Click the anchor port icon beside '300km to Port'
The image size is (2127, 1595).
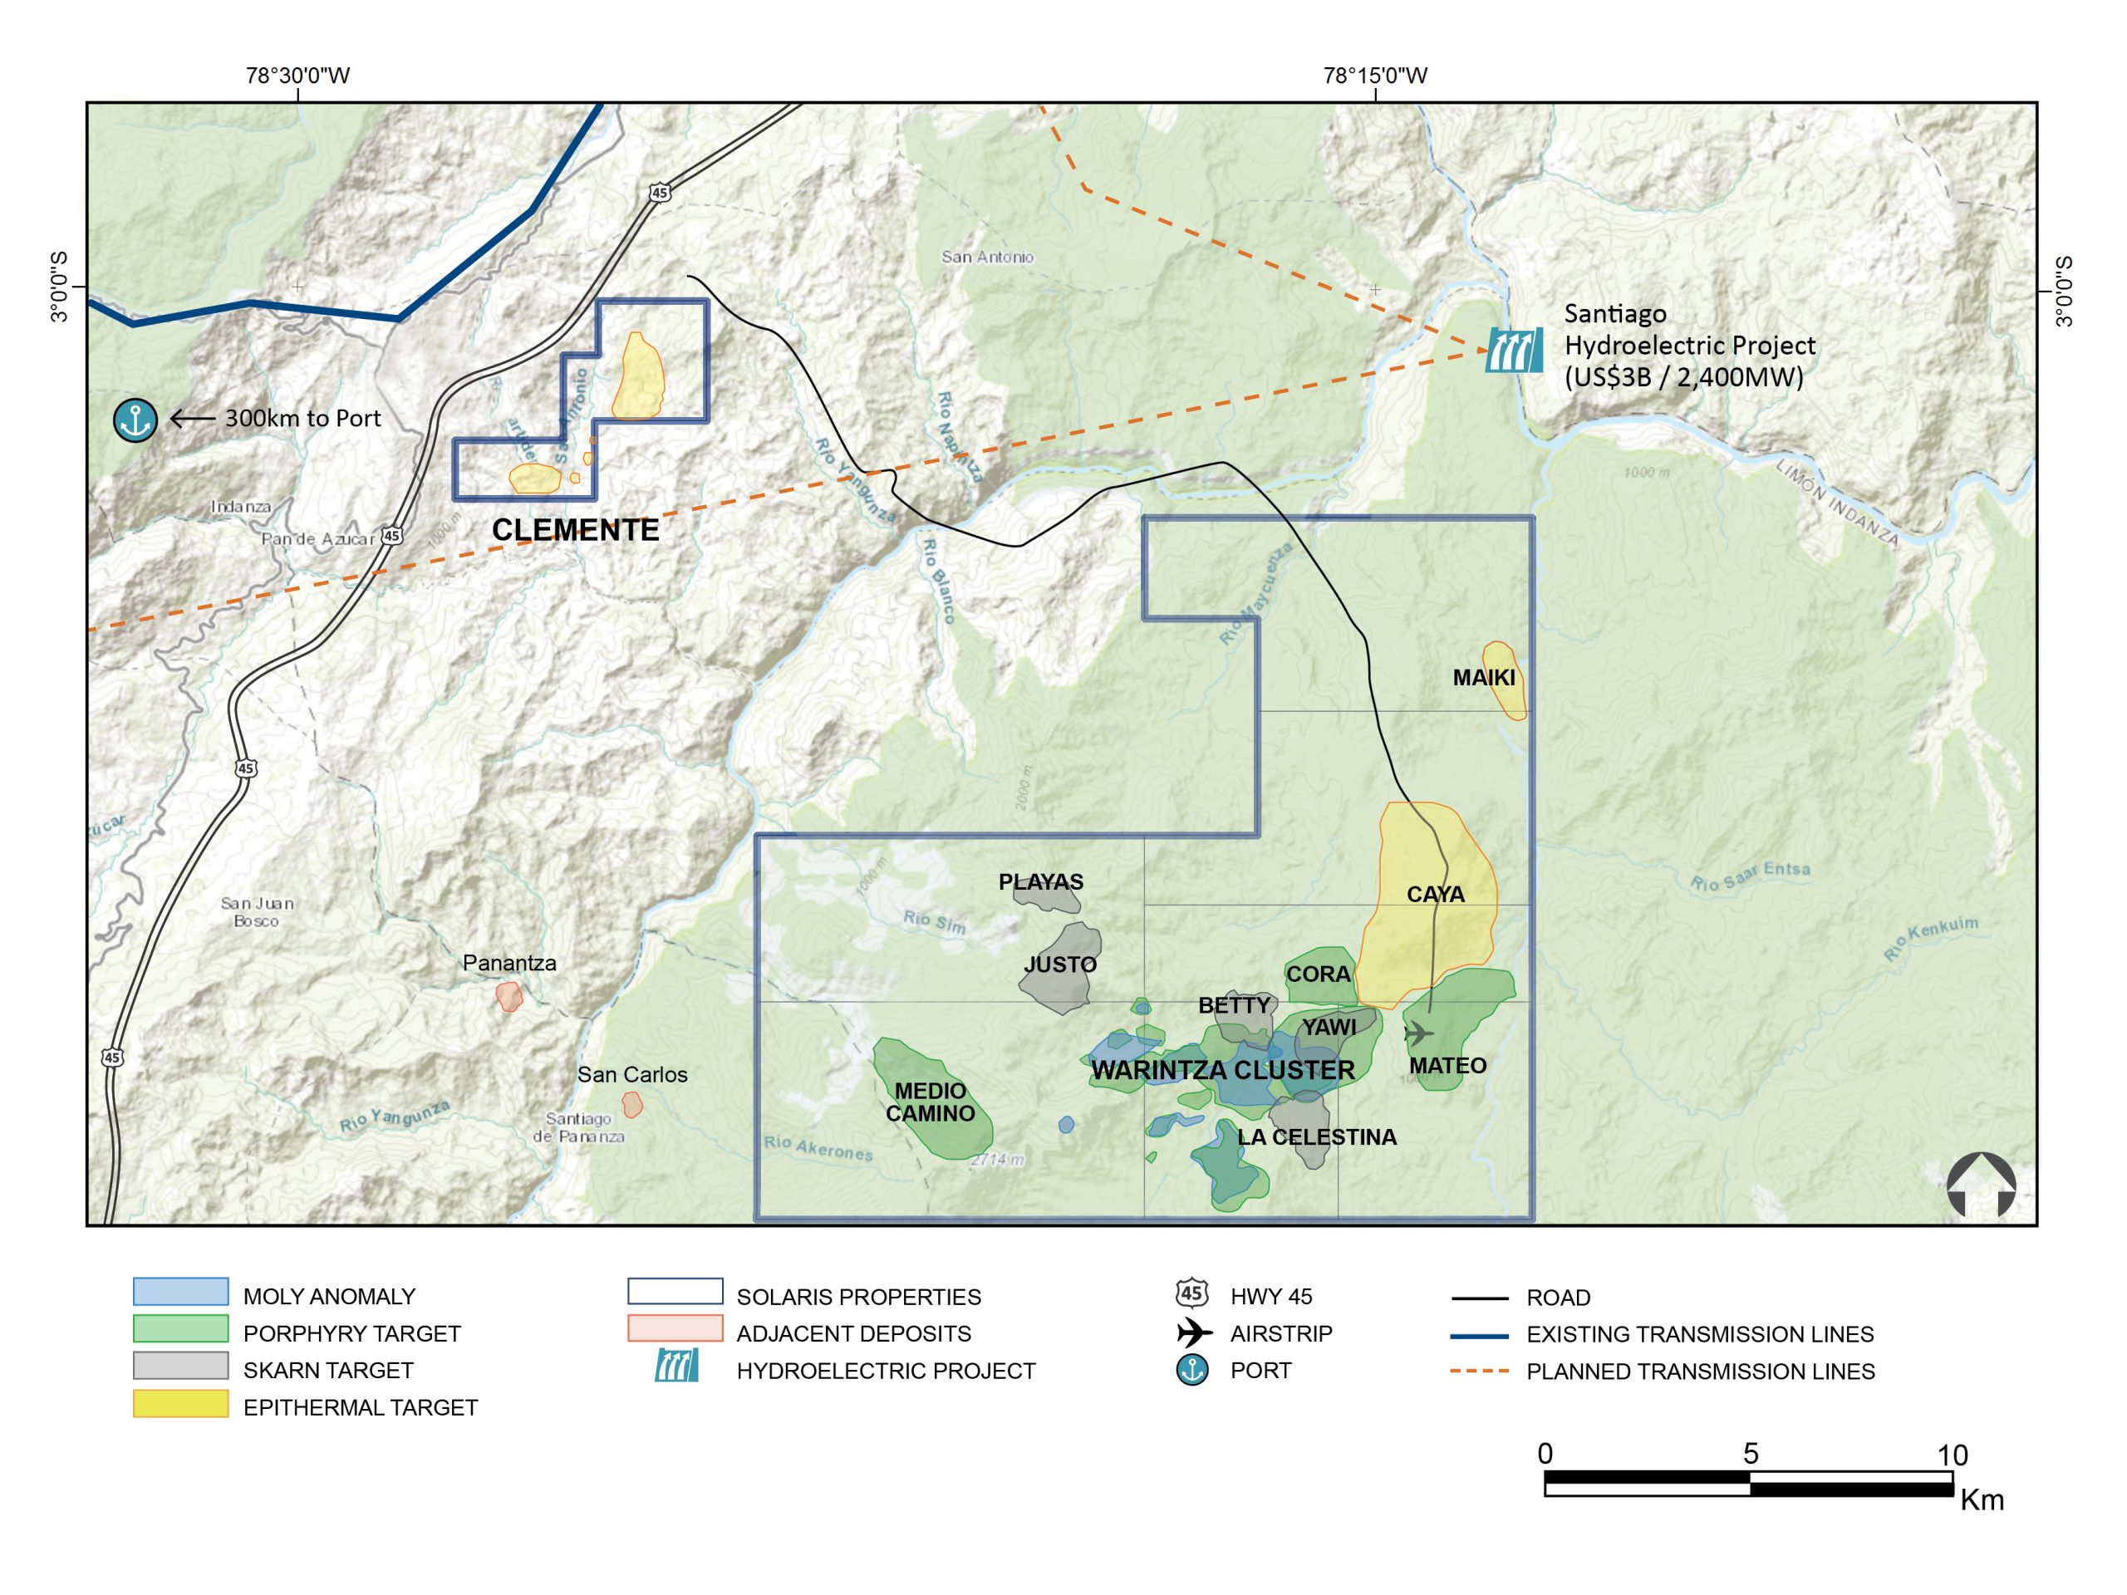click(135, 420)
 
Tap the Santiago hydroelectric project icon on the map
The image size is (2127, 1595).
click(1515, 350)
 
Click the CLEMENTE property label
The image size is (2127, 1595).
click(575, 530)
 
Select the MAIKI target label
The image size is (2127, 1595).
click(1484, 678)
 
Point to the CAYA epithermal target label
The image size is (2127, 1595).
click(1435, 894)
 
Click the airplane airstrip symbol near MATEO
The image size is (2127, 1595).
click(1417, 1033)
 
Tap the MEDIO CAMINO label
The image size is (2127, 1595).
click(930, 1102)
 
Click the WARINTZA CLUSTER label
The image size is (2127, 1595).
click(1222, 1070)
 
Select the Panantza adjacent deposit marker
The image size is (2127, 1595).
click(508, 996)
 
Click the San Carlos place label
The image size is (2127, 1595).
click(631, 1075)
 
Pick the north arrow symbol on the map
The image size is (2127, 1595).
click(1980, 1185)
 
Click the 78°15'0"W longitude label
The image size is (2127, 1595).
click(1375, 75)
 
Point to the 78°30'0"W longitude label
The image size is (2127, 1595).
click(297, 75)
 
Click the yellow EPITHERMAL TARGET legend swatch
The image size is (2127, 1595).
click(181, 1404)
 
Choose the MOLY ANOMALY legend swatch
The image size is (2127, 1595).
click(181, 1291)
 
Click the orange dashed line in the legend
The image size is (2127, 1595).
click(1479, 1371)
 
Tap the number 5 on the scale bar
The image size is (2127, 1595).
click(1750, 1454)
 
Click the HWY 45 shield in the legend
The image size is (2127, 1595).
click(1192, 1293)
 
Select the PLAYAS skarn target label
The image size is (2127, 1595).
click(1040, 881)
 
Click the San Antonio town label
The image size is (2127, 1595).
click(986, 257)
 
